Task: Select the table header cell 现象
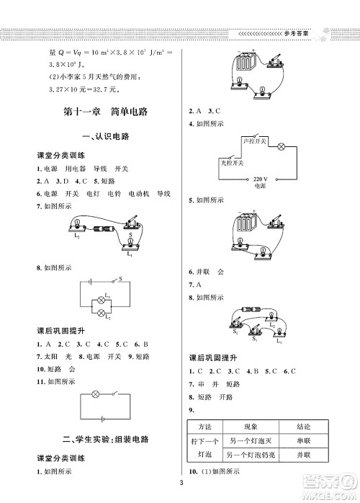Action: coord(250,426)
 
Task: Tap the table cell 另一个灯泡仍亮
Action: coord(250,455)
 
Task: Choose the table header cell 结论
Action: coord(302,426)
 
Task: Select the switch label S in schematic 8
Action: coord(120,278)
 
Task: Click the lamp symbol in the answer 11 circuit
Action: coord(96,395)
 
